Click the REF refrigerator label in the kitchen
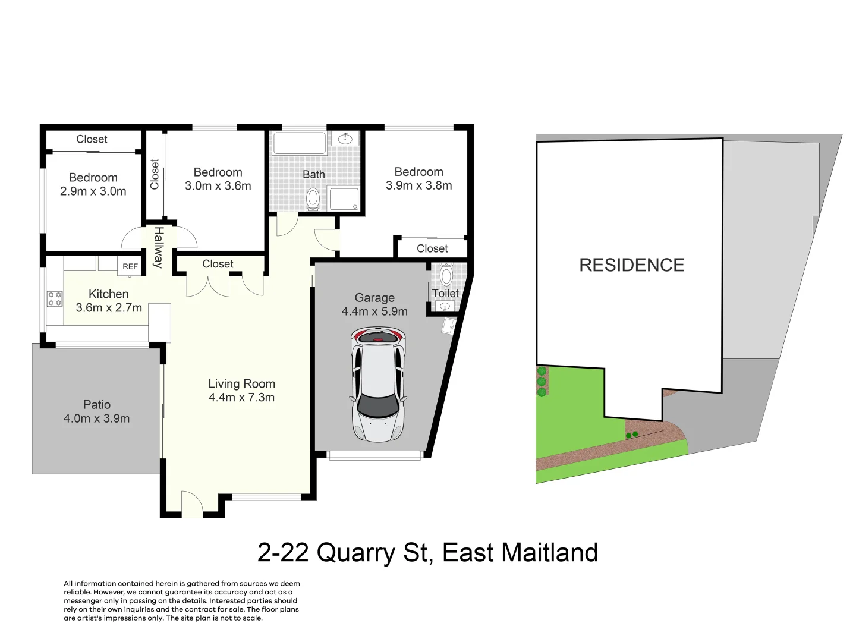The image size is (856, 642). coord(130,266)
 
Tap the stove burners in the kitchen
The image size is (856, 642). coord(55,298)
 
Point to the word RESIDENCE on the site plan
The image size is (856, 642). coord(632,265)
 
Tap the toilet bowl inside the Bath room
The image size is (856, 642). coord(313,199)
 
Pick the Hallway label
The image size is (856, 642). coord(158,247)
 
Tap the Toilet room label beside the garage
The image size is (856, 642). coord(445,293)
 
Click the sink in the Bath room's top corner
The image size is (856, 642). coord(345,139)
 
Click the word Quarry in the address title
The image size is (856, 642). coord(355,553)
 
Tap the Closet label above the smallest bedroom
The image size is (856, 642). coord(92,139)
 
